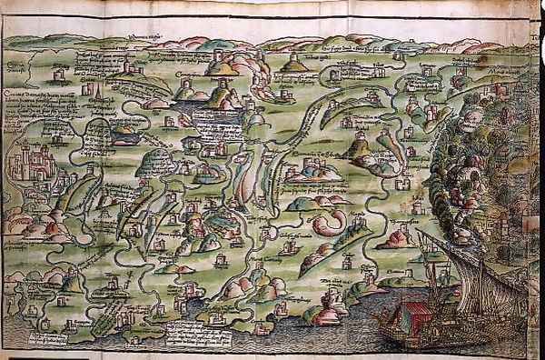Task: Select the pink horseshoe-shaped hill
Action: click(331, 223)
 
